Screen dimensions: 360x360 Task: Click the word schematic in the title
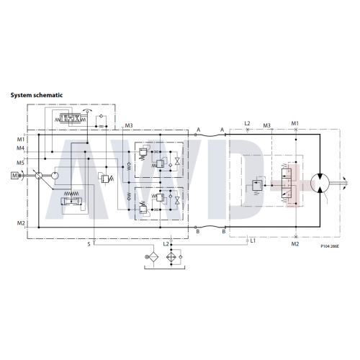coord(48,95)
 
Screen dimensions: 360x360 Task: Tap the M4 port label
coord(20,148)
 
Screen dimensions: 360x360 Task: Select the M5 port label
coord(20,163)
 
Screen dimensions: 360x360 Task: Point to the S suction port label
coord(89,244)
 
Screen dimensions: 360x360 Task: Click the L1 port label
coord(253,240)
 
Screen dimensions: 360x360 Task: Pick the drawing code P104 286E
coord(330,246)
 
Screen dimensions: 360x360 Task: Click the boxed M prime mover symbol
coord(14,176)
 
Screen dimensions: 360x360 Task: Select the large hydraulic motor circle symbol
coord(320,183)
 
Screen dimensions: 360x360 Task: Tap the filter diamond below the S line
coord(153,257)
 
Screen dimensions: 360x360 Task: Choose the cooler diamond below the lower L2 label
coord(171,257)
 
